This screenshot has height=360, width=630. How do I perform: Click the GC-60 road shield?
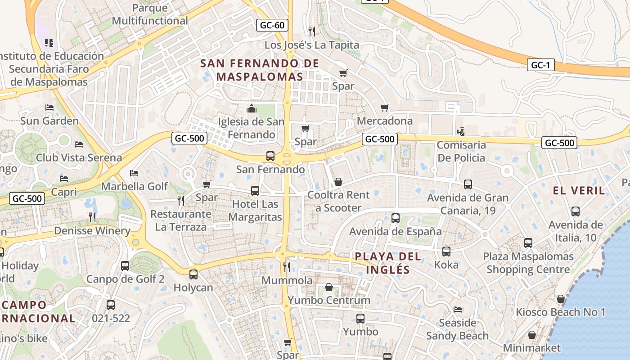272,25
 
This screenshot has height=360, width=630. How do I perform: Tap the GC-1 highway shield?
540,65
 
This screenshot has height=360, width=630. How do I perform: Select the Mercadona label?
384,121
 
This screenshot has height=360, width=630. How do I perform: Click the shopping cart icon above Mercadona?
384,108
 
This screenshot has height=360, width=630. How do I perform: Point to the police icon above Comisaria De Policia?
460,132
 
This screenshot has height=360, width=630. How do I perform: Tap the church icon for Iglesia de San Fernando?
251,108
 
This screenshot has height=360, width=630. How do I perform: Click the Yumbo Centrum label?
329,300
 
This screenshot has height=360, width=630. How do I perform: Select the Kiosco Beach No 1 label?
561,312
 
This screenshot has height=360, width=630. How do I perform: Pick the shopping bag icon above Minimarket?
532,335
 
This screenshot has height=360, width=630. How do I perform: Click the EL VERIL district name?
579,190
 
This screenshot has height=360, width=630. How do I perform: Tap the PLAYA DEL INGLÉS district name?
388,263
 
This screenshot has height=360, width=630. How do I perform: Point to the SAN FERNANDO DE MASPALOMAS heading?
260,70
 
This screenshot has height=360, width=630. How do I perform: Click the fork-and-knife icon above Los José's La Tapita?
311,31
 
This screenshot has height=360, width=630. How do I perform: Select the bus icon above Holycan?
193,274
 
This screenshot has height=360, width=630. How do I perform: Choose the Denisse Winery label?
92,231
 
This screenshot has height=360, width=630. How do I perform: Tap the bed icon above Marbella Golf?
134,173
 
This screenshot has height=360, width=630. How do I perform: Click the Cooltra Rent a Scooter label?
338,201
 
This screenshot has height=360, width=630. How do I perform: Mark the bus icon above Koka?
446,252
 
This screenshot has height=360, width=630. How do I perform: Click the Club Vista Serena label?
79,157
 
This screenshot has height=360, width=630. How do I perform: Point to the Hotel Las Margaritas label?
255,210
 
